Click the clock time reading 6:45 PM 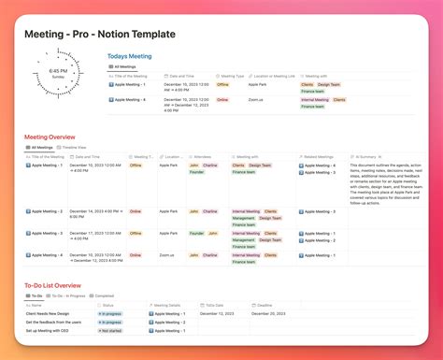(58, 70)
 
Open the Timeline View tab (73, 147)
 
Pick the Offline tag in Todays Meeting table (222, 85)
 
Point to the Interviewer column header (203, 157)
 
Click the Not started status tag (112, 330)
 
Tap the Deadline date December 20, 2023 (267, 313)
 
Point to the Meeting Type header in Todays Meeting (233, 76)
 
